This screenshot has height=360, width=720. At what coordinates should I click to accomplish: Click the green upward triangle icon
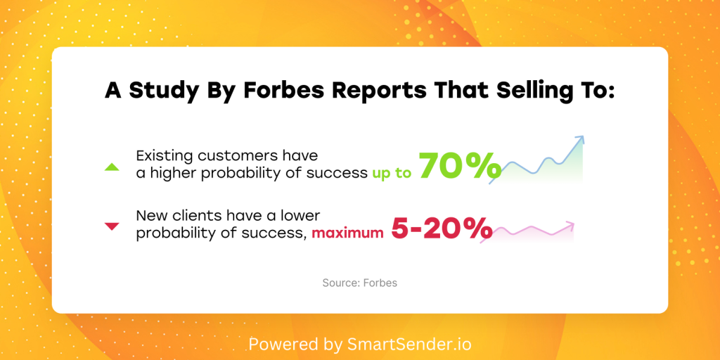pyautogui.click(x=112, y=167)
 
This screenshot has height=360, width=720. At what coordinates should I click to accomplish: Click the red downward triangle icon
pyautogui.click(x=112, y=226)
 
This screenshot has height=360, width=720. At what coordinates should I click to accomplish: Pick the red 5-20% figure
pyautogui.click(x=442, y=228)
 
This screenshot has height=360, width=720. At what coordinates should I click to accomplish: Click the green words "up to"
pyautogui.click(x=392, y=174)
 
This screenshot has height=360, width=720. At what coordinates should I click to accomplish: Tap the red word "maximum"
pyautogui.click(x=347, y=233)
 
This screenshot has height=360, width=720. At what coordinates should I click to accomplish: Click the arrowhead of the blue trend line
pyautogui.click(x=580, y=139)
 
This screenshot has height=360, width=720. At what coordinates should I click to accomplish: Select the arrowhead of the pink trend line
pyautogui.click(x=571, y=225)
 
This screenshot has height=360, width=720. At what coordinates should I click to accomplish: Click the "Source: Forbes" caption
pyautogui.click(x=359, y=283)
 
